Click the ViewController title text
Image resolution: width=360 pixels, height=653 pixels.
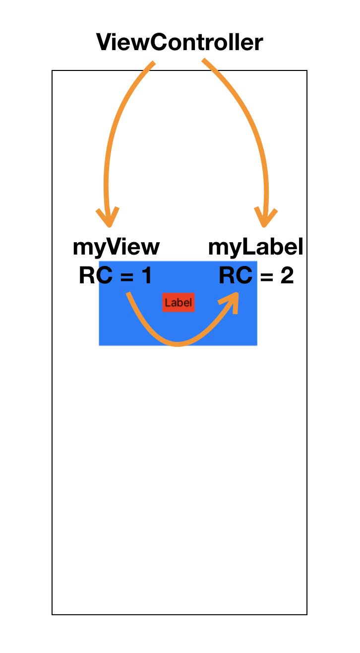180,42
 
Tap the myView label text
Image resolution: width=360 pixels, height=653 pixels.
116,248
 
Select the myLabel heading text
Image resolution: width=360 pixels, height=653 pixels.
256,247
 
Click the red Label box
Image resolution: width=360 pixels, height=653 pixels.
178,302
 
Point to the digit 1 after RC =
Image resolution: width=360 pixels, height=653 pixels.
147,275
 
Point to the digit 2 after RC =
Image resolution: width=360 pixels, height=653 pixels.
287,275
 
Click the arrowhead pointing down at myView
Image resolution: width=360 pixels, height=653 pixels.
108,217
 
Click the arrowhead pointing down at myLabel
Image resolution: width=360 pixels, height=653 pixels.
265,217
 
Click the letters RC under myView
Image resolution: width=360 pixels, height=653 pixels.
96,275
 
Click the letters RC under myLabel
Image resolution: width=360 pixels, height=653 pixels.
236,275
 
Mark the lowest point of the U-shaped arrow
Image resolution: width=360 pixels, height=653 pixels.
178,344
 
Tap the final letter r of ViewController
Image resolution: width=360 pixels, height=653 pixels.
259,45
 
